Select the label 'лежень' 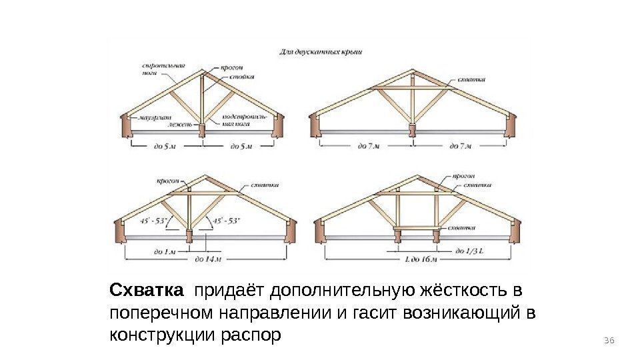pos(180,125)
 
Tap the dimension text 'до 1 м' pos(164,252)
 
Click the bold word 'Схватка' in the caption pos(146,291)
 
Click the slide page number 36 pos(607,341)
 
